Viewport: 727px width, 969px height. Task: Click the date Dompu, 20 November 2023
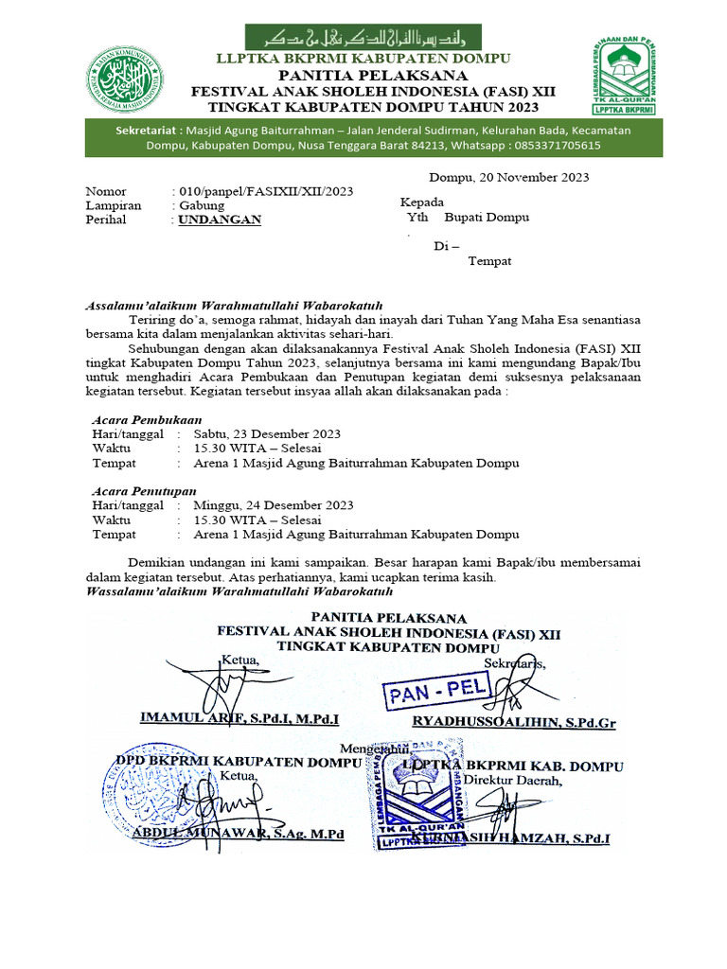(509, 177)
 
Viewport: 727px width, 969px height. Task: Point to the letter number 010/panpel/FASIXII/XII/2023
(262, 191)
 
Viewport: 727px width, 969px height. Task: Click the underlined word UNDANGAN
(221, 220)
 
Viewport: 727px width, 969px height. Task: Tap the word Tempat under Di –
(489, 261)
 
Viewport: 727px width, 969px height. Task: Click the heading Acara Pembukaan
(146, 419)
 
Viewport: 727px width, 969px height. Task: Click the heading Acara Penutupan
(144, 491)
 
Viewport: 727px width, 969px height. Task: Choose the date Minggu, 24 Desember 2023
(274, 505)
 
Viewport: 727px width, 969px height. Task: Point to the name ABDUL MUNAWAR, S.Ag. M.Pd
(238, 834)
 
